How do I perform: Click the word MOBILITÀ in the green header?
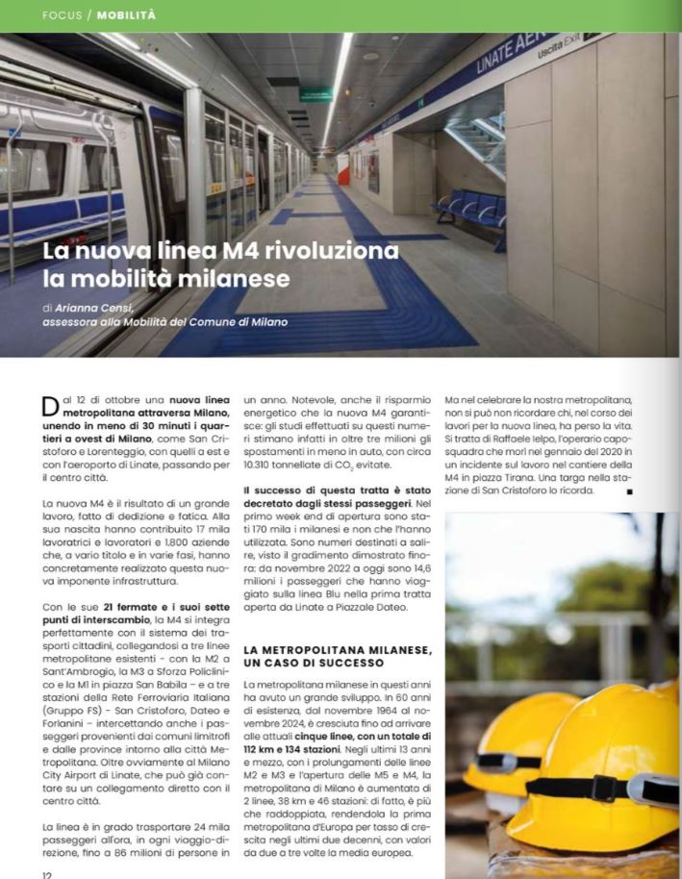126,15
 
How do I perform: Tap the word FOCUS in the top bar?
63,15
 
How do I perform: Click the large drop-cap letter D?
52,407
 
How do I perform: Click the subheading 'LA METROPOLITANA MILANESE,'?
337,650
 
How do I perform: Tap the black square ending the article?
629,492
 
